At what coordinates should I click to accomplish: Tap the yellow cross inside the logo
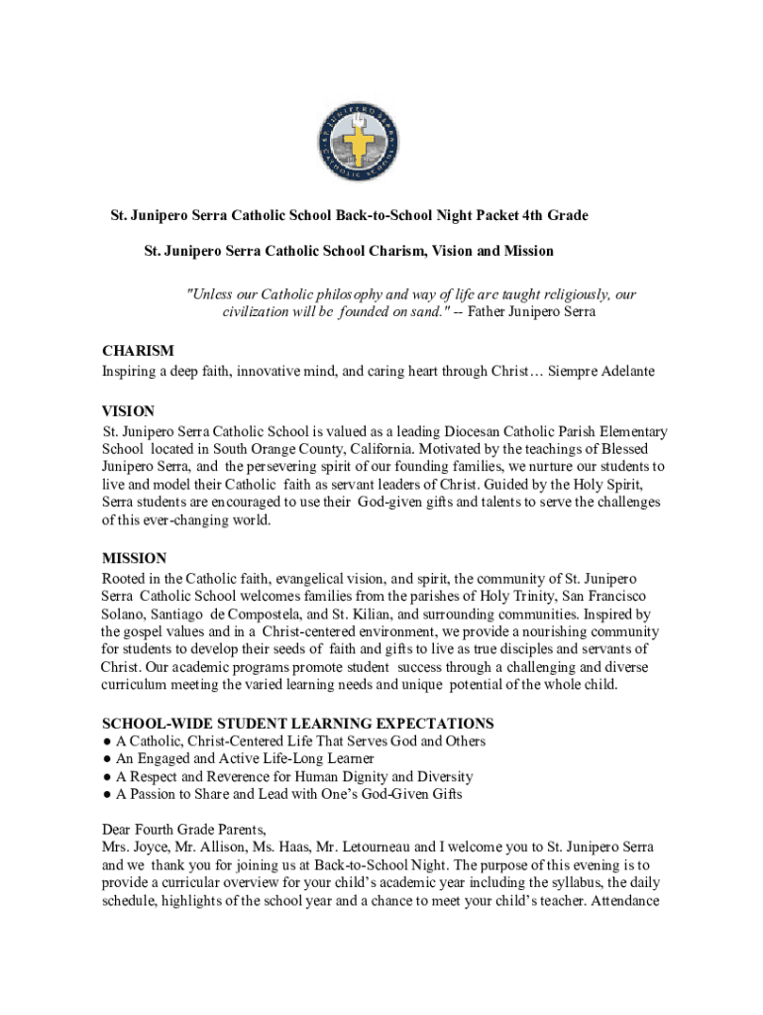point(360,145)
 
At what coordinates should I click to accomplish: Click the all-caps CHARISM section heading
point(138,351)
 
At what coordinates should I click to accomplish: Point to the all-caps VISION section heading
point(129,410)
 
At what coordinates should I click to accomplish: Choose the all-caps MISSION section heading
point(134,558)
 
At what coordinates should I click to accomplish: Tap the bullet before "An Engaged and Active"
point(106,759)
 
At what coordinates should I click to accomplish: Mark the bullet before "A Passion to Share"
point(106,795)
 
